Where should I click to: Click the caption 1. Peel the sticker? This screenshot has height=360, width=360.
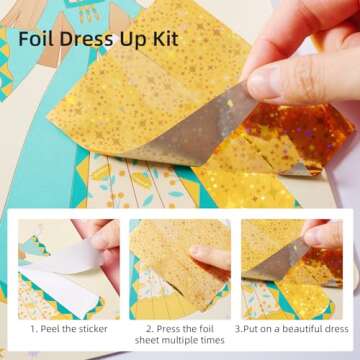66,327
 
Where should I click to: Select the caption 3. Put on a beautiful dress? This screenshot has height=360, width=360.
291,327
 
